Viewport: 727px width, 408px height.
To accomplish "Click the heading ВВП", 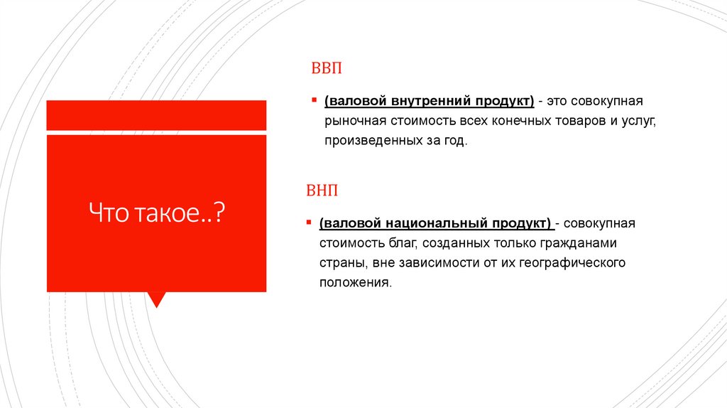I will click(323, 69).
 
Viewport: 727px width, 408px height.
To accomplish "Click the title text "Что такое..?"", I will click(156, 213).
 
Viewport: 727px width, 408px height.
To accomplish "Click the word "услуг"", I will click(639, 122).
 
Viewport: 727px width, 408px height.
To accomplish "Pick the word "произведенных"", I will click(366, 141).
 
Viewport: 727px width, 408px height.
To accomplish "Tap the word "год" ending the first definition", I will click(457, 141).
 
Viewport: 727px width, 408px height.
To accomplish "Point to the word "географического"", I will click(572, 263).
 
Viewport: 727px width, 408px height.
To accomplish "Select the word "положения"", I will click(354, 283).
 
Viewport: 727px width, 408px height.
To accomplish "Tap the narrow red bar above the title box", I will click(156, 115).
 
